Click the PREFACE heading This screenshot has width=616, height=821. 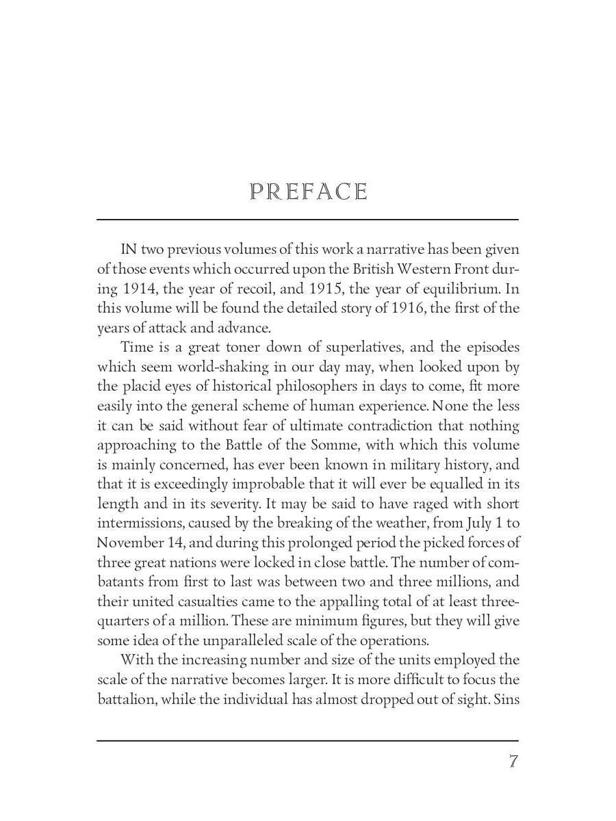[x=309, y=192]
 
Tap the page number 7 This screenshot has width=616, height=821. [x=513, y=761]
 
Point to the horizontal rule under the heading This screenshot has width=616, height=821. [x=307, y=220]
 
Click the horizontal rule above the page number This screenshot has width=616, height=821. [x=307, y=740]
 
